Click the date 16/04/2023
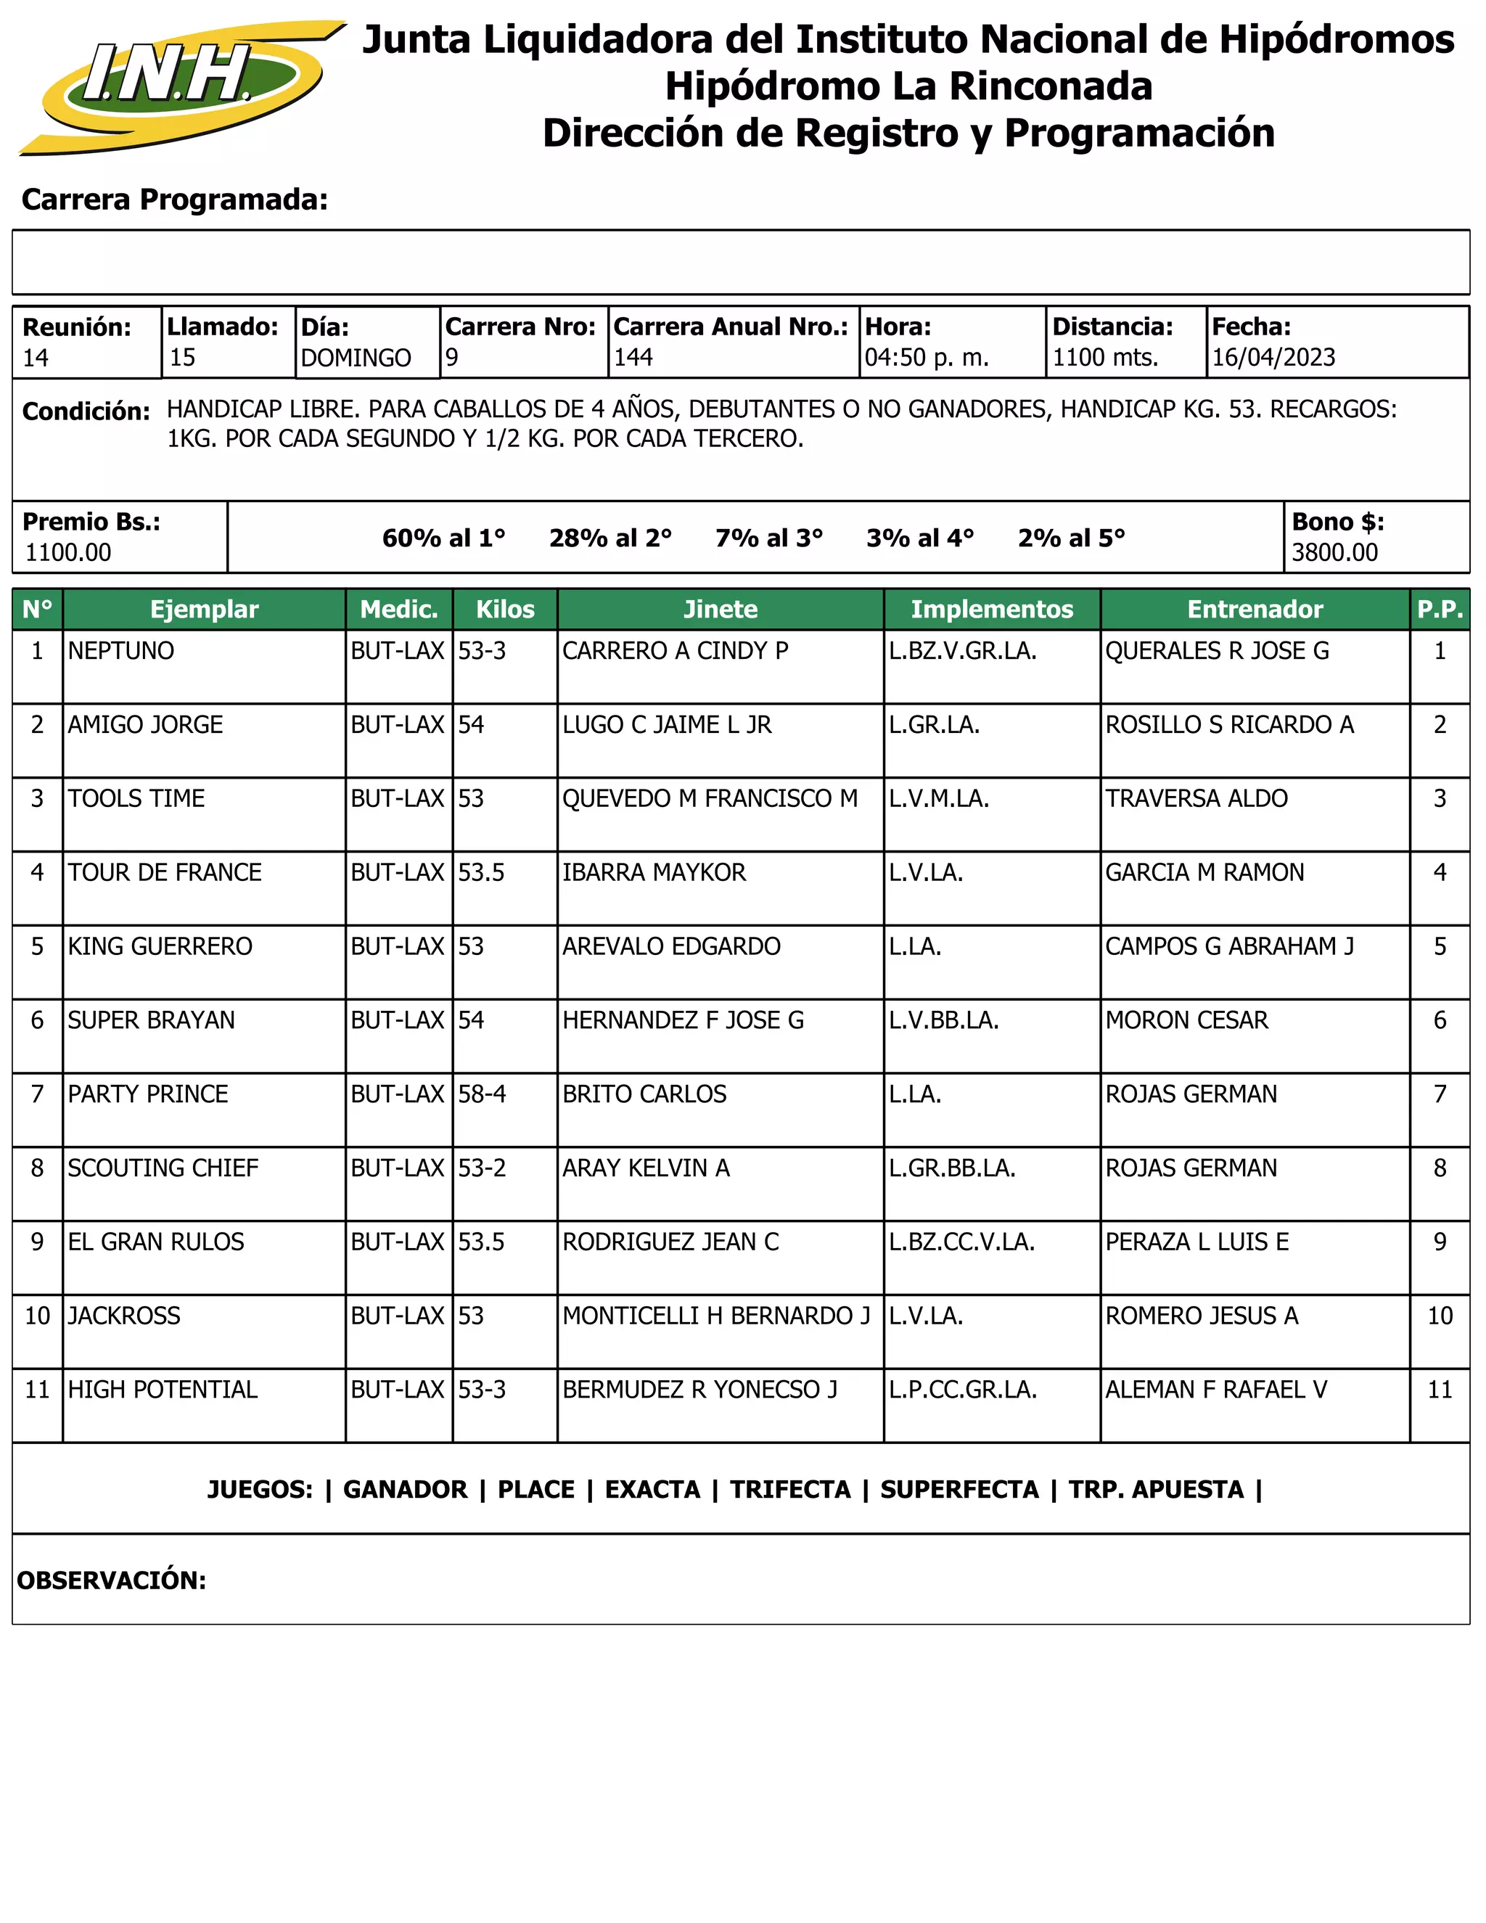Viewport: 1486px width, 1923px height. click(x=1273, y=358)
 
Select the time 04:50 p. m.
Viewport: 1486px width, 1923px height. click(x=926, y=358)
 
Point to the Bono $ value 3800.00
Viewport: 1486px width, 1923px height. click(x=1334, y=553)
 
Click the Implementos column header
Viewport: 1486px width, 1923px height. click(x=991, y=610)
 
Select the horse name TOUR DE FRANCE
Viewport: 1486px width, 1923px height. click(x=165, y=872)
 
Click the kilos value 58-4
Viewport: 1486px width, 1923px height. click(x=482, y=1094)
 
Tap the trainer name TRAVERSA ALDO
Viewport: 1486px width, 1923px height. click(x=1196, y=799)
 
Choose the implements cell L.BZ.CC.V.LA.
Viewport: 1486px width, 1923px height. click(x=961, y=1242)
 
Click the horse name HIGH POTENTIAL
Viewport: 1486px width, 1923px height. click(x=163, y=1390)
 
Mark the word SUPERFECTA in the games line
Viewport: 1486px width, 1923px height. click(x=958, y=1490)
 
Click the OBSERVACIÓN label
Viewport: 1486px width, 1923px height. click(x=112, y=1580)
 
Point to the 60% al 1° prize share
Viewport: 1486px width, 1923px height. click(x=443, y=538)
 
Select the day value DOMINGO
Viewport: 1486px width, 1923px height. click(x=356, y=358)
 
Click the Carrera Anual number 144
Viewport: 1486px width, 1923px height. click(x=633, y=358)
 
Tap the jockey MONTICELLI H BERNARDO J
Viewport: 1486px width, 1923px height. click(x=715, y=1316)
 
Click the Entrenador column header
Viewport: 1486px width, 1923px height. click(x=1254, y=610)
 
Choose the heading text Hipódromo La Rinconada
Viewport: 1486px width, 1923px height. click(x=908, y=86)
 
